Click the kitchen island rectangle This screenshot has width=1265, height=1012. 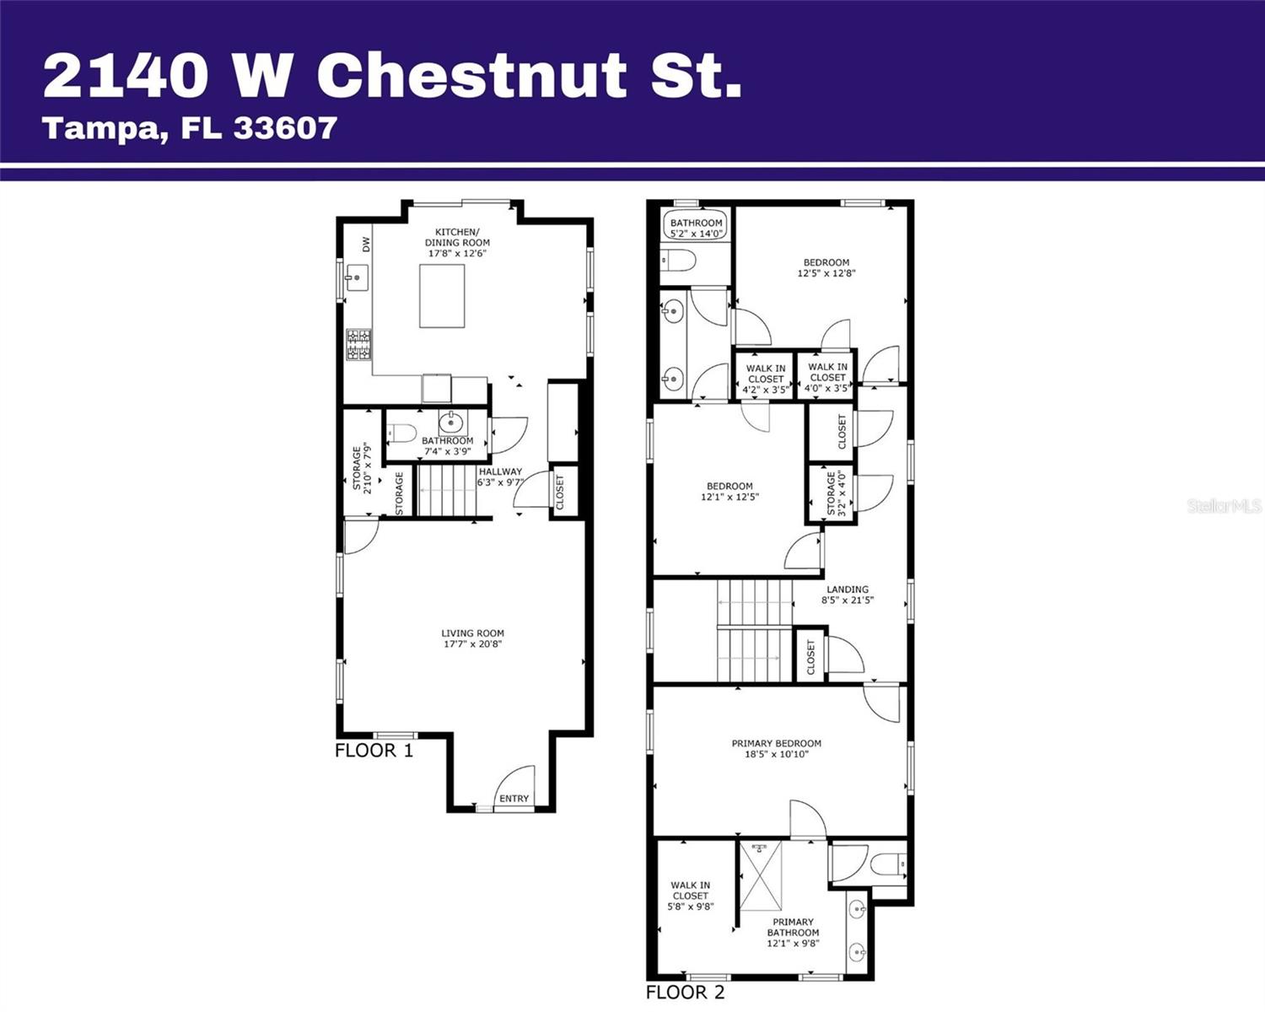click(x=442, y=295)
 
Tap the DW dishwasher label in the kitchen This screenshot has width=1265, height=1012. click(x=366, y=245)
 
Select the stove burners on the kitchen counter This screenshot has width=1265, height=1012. click(x=358, y=345)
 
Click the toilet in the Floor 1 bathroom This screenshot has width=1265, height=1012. click(x=401, y=433)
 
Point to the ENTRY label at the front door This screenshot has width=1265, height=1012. click(x=514, y=799)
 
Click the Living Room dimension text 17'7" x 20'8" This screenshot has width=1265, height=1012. click(x=472, y=644)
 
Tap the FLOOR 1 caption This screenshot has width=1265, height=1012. click(x=374, y=751)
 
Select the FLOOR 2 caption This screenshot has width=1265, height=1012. click(x=685, y=993)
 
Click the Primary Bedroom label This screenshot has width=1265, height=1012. click(x=776, y=744)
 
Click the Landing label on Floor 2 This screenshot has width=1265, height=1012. click(x=848, y=589)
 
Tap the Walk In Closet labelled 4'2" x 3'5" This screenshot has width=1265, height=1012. click(x=766, y=379)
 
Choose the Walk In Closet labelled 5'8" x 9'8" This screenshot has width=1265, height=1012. click(x=690, y=896)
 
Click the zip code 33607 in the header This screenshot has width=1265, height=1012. click(x=285, y=128)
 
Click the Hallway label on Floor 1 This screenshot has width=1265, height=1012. click(x=500, y=472)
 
